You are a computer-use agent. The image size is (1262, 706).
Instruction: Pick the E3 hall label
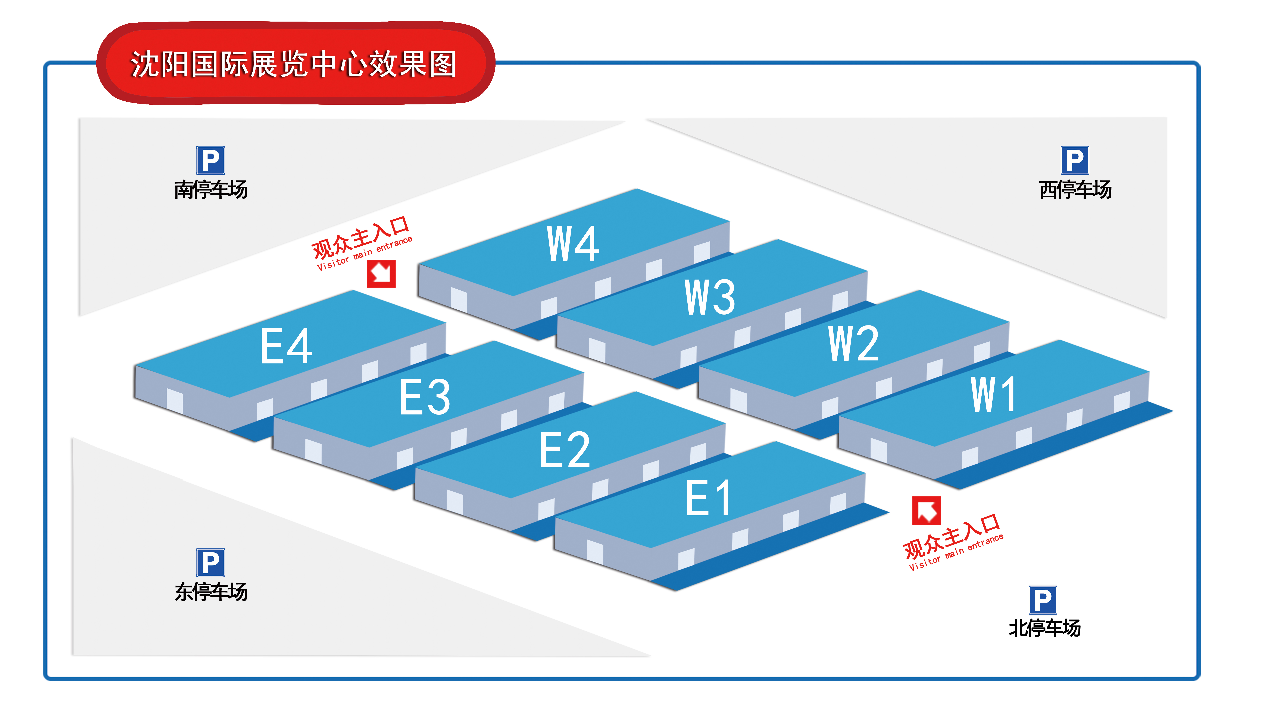(424, 397)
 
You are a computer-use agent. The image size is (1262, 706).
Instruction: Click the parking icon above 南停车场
(211, 160)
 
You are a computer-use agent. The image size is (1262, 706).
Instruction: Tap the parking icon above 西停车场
(1075, 160)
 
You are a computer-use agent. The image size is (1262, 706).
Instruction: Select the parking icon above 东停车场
(211, 562)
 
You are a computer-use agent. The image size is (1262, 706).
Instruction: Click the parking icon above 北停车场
(1043, 600)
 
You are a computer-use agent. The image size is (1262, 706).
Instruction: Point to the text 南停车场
(211, 189)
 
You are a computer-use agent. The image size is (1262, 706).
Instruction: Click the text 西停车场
(1075, 189)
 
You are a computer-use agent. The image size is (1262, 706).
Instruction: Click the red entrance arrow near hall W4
(381, 274)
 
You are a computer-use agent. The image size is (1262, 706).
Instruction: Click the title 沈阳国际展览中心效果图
(293, 64)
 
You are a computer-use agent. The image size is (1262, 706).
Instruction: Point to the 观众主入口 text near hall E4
(360, 237)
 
